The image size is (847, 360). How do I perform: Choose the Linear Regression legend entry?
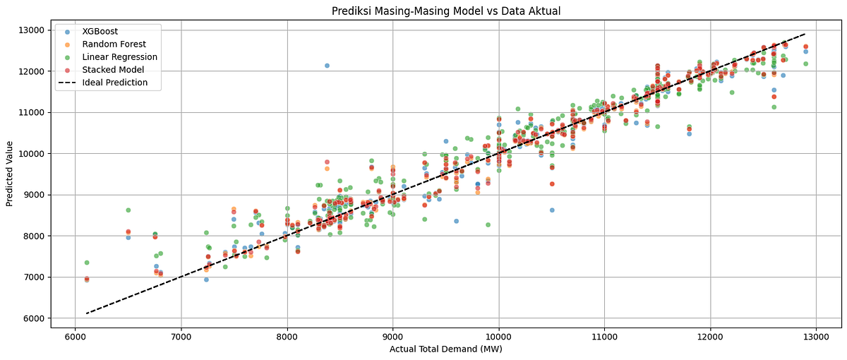[119, 57]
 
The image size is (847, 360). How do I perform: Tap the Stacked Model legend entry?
[112, 70]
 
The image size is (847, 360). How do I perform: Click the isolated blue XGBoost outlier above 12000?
[327, 66]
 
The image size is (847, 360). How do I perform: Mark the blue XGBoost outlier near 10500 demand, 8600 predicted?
[552, 210]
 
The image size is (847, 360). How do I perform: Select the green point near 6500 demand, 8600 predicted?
[128, 210]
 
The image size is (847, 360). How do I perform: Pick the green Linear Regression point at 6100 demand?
[87, 263]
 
